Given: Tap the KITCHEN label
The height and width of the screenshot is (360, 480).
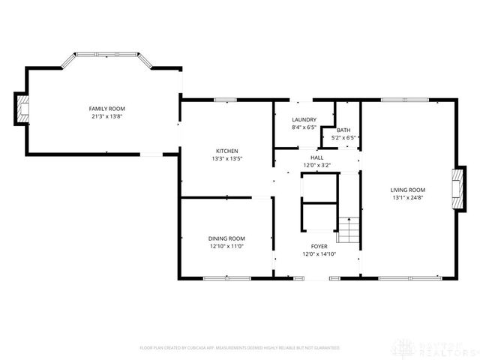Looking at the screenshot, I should point(226,150).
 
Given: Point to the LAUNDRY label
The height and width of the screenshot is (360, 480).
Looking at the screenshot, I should point(304,119).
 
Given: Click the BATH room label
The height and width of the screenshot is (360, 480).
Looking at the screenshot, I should point(343,130).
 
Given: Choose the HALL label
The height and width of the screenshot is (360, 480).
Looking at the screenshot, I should point(317,157).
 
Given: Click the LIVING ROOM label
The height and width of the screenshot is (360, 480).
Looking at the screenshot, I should point(408,190).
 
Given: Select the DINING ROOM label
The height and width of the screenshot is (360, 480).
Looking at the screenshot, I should point(226,238).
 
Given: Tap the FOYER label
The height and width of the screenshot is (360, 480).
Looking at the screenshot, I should point(319,245).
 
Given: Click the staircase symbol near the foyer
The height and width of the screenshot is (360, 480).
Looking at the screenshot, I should point(348,229).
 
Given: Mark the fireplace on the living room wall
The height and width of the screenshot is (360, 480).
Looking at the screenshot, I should point(454,190).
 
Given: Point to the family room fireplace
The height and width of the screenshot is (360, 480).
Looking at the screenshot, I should point(22,109).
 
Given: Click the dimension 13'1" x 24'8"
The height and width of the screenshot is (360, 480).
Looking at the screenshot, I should point(408,198).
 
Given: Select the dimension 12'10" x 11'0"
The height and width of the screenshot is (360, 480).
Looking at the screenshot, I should point(226,246).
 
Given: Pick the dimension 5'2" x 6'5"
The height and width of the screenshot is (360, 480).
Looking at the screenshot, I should point(343,138).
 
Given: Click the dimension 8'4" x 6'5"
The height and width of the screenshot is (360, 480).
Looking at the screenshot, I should point(304,127).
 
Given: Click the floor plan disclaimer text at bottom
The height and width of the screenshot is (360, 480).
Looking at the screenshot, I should point(240,348).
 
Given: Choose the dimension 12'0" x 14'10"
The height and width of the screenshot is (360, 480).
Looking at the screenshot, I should point(319,253).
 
